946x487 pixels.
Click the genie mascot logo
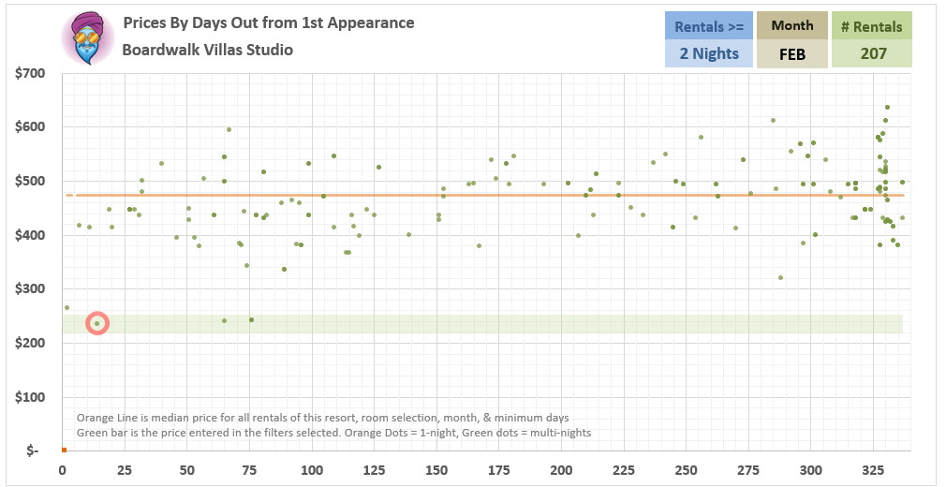coord(87,38)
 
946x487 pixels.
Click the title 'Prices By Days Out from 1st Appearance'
coord(268,22)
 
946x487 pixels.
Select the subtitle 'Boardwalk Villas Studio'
coord(207,50)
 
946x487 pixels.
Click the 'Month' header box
coord(791,25)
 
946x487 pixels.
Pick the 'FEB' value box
coord(791,53)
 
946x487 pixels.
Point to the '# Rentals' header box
coord(872,25)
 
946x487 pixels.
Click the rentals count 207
coord(872,53)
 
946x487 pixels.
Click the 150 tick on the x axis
coord(436,469)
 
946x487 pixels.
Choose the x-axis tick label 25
coord(125,469)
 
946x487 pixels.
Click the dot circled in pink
coord(96,323)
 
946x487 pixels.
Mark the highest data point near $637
coord(887,107)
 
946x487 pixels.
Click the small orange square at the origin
coord(63,450)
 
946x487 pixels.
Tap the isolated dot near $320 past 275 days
coord(780,277)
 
